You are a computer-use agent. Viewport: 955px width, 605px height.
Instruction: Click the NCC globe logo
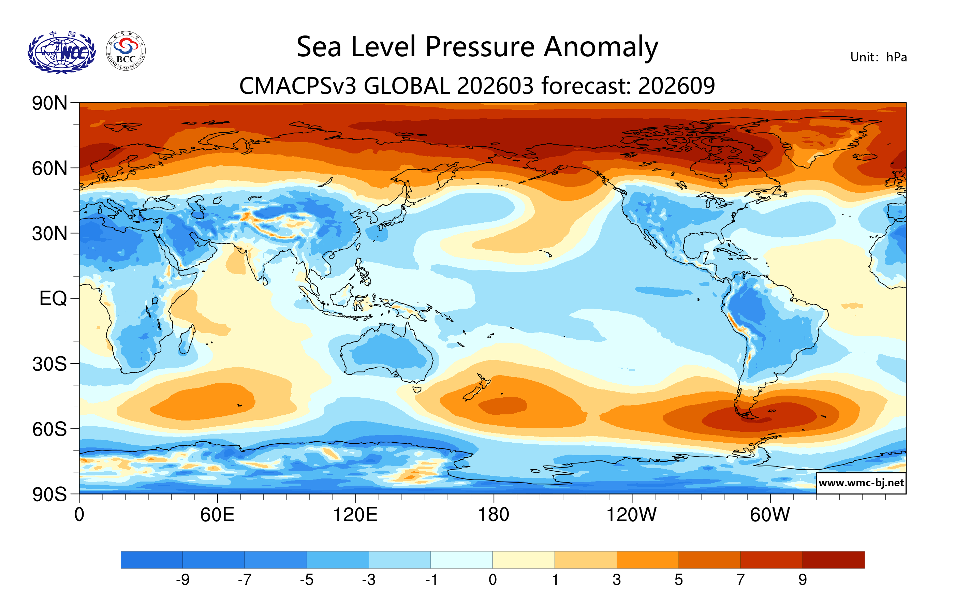click(61, 52)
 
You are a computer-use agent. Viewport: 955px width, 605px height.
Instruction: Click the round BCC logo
click(126, 51)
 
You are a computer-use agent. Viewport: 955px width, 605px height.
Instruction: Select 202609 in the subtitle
click(676, 86)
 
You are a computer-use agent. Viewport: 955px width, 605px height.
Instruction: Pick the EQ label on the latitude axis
click(53, 298)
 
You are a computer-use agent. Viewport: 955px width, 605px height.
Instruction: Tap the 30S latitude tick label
click(49, 364)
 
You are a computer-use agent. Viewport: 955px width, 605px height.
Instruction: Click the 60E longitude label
click(217, 515)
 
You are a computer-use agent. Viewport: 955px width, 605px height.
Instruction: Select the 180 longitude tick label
click(494, 515)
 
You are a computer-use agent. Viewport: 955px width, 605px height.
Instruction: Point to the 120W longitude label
click(631, 515)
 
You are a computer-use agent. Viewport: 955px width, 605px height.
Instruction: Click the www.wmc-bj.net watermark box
click(861, 483)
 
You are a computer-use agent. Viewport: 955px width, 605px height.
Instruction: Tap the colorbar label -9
click(182, 580)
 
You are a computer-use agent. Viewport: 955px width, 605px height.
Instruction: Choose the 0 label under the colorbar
click(493, 580)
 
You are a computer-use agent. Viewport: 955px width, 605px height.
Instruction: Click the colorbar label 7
click(740, 580)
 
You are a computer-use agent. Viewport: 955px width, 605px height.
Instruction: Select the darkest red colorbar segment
click(833, 560)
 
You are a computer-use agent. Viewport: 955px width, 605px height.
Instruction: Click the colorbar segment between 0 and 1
click(524, 560)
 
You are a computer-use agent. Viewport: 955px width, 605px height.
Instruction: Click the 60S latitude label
click(49, 429)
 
